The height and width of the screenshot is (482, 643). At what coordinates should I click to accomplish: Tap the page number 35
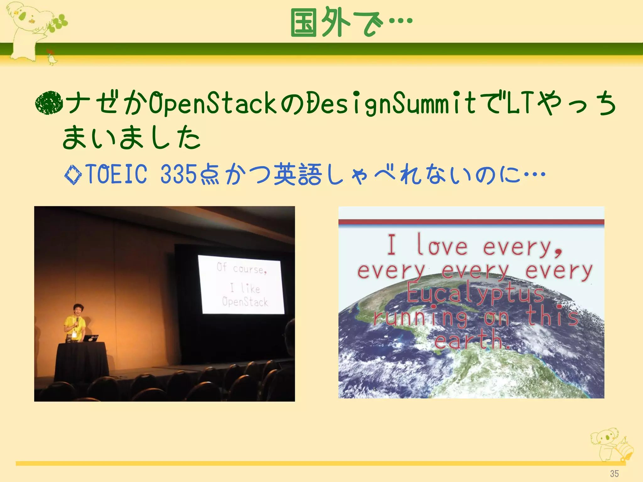[614, 474]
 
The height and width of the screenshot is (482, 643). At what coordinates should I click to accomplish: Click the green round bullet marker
[49, 103]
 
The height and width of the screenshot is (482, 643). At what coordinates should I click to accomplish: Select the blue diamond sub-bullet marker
[73, 174]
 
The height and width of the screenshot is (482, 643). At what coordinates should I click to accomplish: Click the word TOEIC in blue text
[116, 174]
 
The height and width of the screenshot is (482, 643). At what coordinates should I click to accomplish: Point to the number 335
[178, 174]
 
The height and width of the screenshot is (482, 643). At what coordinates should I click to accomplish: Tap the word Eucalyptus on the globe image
[475, 294]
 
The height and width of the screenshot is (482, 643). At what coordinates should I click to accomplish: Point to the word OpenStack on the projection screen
[245, 302]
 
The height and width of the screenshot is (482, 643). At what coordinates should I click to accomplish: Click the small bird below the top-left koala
[52, 58]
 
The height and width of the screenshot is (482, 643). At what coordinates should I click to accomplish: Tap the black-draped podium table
[82, 361]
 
